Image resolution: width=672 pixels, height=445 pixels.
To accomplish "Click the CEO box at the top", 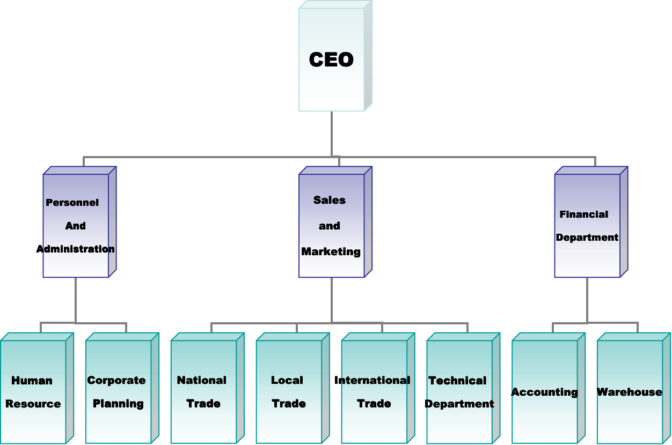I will (x=331, y=59).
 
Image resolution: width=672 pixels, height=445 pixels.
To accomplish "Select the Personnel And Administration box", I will (x=76, y=225).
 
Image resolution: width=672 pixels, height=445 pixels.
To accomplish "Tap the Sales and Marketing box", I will (x=331, y=225).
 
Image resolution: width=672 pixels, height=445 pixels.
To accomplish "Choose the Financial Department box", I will (x=587, y=225).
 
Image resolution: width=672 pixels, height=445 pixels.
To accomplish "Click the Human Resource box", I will (x=33, y=391).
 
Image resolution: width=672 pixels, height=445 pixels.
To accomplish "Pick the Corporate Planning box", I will (x=118, y=391).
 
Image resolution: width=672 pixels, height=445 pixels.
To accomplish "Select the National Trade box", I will (x=203, y=391).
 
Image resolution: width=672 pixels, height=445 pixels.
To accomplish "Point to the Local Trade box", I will (x=289, y=391).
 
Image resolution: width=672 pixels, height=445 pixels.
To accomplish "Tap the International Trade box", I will (x=374, y=391).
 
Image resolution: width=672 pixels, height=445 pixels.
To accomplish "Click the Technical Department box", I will (x=459, y=391).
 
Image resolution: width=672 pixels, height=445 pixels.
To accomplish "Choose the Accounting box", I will (x=545, y=392).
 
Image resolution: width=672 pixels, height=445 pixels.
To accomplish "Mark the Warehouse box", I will (x=630, y=392).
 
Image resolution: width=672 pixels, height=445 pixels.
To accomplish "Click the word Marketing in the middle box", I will (x=331, y=251).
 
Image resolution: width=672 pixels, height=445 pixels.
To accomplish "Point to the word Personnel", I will (x=72, y=203).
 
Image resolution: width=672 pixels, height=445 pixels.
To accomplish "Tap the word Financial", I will (x=584, y=214).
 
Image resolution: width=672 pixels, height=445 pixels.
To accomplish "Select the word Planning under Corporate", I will (x=118, y=404).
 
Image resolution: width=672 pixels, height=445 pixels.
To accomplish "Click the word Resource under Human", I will (x=33, y=404).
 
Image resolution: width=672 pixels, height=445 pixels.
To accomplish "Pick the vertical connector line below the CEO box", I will (x=331, y=134).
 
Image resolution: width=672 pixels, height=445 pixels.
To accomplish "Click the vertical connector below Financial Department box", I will (x=587, y=300).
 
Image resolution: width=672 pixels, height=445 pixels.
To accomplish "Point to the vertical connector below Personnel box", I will (x=76, y=300).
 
